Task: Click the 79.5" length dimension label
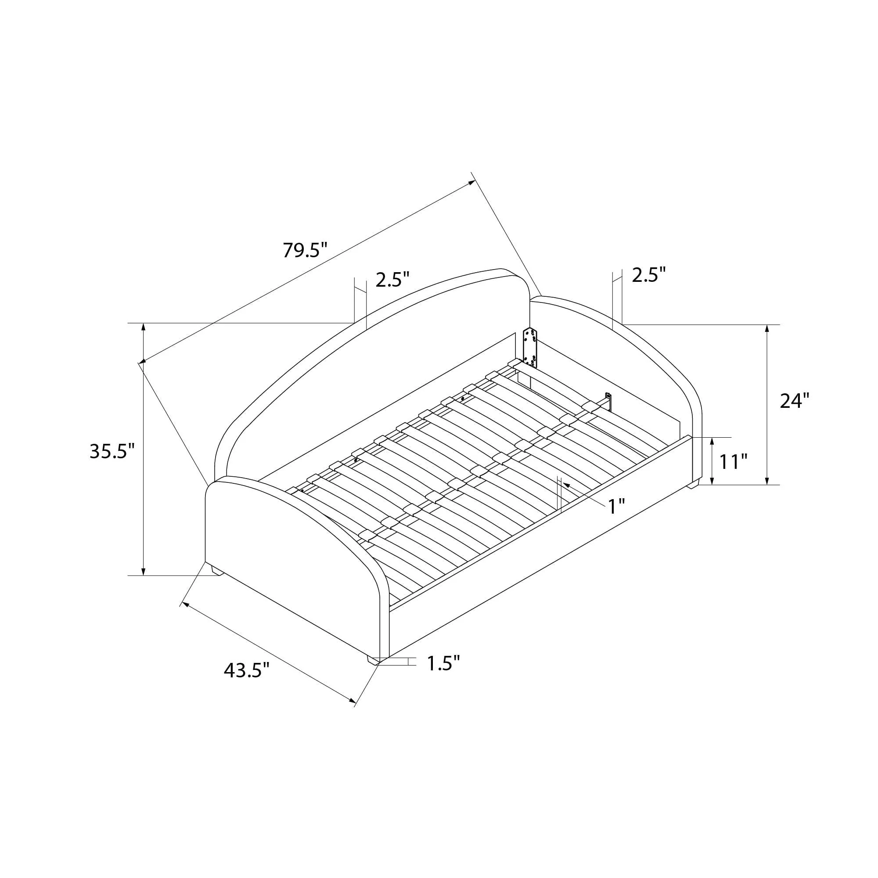[x=305, y=250]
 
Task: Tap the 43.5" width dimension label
[x=246, y=670]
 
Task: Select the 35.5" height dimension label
[x=112, y=451]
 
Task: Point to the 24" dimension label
[x=795, y=400]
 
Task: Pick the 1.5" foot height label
[x=443, y=663]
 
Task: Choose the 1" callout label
[x=617, y=506]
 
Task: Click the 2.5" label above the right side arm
[x=649, y=274]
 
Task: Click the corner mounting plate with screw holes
[x=530, y=347]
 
